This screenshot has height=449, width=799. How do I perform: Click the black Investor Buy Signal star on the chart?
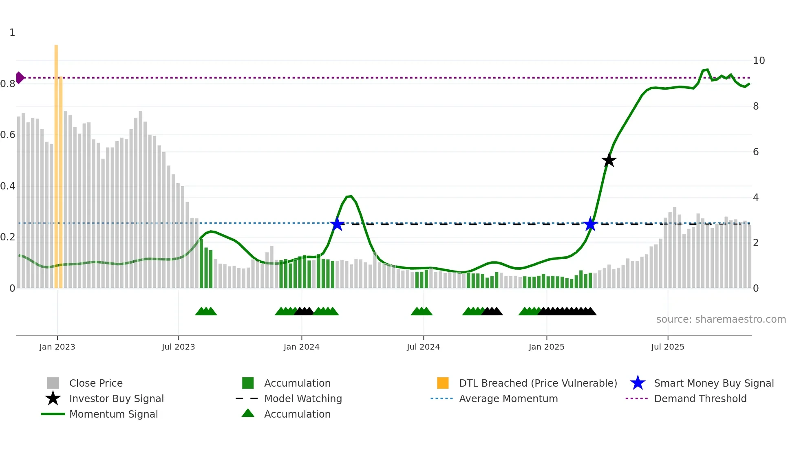[x=609, y=161]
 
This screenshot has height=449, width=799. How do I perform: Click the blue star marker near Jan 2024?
[x=337, y=224]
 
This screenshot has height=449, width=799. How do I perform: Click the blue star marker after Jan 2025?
[x=590, y=224]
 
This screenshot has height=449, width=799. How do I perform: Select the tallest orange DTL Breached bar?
[x=56, y=163]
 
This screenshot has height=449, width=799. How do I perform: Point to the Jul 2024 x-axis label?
[x=423, y=347]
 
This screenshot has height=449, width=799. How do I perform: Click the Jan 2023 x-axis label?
[x=57, y=347]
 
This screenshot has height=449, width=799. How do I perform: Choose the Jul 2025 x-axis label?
[x=667, y=347]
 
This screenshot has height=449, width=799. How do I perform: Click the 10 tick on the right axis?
[x=759, y=61]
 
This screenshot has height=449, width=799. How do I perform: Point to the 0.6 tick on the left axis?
[x=8, y=135]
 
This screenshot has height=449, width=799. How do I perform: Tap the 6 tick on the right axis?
[x=756, y=152]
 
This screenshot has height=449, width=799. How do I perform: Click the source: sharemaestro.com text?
[x=721, y=319]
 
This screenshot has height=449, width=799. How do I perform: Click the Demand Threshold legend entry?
[x=700, y=398]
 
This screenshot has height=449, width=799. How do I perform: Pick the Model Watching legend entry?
[x=302, y=398]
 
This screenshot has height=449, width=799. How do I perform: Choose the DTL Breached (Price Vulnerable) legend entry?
[x=538, y=383]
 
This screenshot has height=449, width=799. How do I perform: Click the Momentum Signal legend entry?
[x=113, y=414]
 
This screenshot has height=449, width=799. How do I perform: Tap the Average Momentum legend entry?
[x=508, y=398]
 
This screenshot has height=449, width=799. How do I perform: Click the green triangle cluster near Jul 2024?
[x=422, y=311]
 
